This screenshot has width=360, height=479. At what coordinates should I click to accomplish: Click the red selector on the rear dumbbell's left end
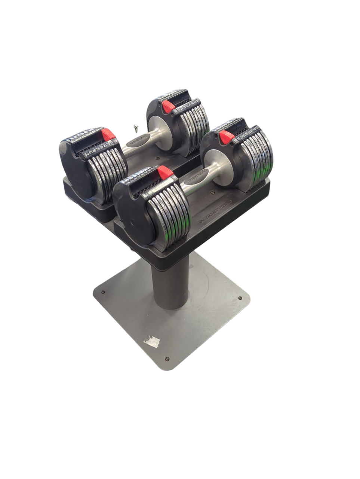(108, 134)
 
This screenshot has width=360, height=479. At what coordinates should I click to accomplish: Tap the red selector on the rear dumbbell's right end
(168, 106)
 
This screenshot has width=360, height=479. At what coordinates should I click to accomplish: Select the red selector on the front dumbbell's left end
(165, 173)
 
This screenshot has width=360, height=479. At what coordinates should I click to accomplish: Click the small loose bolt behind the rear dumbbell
(135, 128)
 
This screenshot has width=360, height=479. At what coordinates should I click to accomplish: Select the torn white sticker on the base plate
(152, 341)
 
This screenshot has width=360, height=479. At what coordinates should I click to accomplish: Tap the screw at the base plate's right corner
(240, 298)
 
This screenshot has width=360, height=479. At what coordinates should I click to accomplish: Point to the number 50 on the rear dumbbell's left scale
(87, 154)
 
